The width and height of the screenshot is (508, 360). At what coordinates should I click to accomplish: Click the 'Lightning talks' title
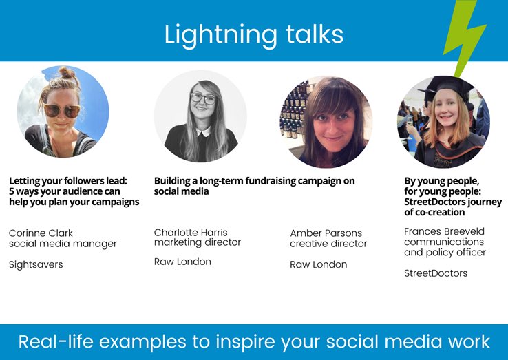(x=253, y=34)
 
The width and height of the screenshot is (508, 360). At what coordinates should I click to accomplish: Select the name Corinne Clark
(x=41, y=233)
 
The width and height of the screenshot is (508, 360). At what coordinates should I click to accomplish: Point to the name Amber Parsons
(x=326, y=233)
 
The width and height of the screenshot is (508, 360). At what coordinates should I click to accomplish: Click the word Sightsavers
(x=36, y=264)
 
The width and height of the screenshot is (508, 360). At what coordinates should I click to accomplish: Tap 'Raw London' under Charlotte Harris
(x=182, y=262)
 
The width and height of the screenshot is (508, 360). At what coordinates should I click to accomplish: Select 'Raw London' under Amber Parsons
(x=318, y=264)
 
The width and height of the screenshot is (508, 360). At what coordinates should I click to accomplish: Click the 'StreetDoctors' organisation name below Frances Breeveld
(x=436, y=273)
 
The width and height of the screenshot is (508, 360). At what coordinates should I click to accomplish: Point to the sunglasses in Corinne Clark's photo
(x=61, y=110)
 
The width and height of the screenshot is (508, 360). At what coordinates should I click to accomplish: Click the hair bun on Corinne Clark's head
(x=66, y=74)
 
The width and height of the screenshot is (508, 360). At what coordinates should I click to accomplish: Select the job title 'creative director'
(x=328, y=244)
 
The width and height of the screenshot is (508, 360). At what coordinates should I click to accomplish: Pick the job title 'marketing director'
(x=198, y=242)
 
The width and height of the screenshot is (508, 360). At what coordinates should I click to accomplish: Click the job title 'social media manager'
(x=63, y=244)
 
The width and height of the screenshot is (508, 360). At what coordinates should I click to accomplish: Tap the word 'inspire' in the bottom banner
(x=280, y=342)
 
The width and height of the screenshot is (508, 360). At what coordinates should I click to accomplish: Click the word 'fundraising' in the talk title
(x=266, y=181)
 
